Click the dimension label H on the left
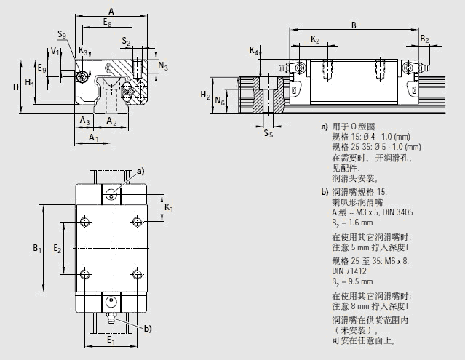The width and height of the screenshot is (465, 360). point(15,87)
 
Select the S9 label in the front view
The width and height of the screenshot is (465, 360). point(63,33)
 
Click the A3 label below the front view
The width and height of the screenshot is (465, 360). point(84,120)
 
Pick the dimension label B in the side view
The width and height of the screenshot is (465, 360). point(353,24)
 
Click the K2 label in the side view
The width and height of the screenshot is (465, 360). point(314,39)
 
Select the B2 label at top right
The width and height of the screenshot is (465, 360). point(425,39)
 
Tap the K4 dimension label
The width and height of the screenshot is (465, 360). point(253,51)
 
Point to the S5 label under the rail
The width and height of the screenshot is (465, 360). point(268,134)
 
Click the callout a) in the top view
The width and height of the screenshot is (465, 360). point(140,170)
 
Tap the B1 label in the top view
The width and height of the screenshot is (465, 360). point(36,249)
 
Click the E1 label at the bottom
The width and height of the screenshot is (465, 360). point(111,340)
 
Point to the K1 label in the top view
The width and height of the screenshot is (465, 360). point(169,209)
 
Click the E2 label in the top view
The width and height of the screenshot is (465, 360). point(58,249)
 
